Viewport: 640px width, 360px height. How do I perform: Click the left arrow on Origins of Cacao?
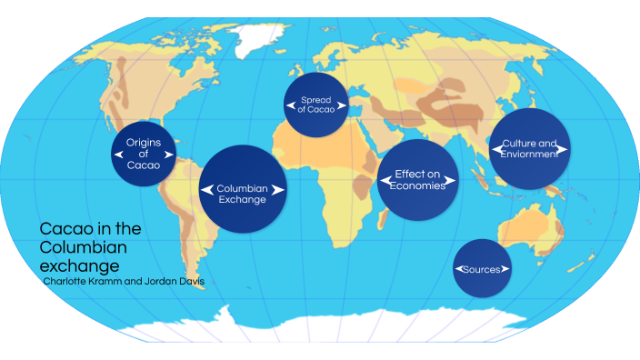[x=118, y=155]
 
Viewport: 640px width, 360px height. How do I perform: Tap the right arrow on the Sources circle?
[x=506, y=269]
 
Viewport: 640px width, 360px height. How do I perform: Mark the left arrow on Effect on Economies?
[x=383, y=180]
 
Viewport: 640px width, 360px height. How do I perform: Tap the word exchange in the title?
[x=79, y=266]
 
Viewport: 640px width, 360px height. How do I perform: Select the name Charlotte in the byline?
[x=68, y=282]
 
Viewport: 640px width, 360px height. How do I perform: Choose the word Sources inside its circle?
[x=483, y=269]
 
